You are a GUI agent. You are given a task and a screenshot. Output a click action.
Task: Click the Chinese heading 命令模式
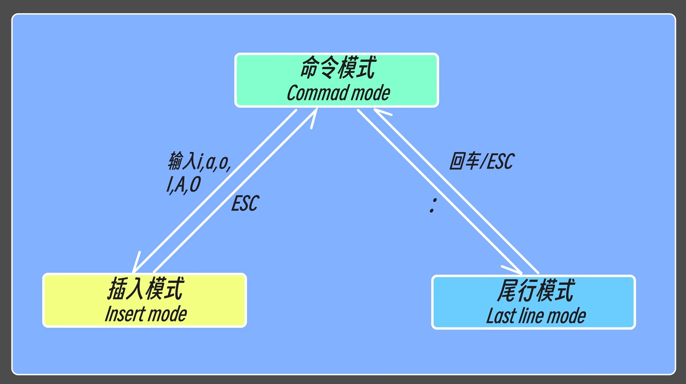[337, 69]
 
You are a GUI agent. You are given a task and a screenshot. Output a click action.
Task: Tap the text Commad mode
[338, 93]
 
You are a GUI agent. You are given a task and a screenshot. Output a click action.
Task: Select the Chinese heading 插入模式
[145, 289]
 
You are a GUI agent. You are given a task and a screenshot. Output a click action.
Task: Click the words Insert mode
[145, 314]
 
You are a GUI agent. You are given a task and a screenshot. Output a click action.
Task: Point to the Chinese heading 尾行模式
[535, 291]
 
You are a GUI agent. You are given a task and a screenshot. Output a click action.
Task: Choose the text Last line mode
[536, 316]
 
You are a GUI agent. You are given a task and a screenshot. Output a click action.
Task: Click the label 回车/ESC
[481, 162]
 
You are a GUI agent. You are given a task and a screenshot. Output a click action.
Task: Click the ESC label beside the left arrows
[245, 203]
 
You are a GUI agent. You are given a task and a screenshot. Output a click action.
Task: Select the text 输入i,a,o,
[200, 162]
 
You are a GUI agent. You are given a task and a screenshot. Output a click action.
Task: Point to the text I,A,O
[183, 185]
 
